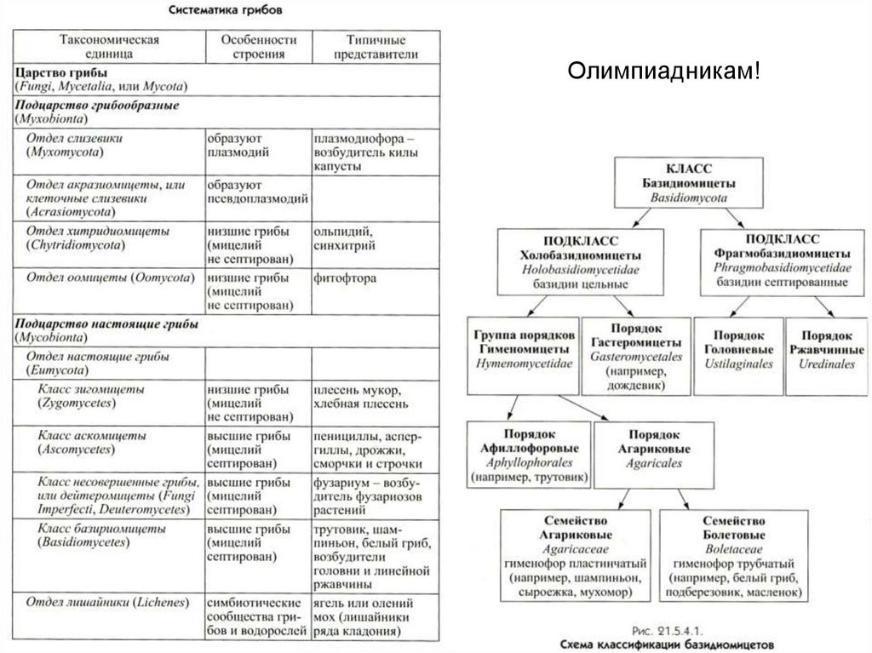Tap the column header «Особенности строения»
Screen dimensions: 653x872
click(x=258, y=47)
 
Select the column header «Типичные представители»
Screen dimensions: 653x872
click(x=376, y=47)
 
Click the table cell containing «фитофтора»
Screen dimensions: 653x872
click(x=346, y=278)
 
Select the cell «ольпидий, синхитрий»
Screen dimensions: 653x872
click(x=346, y=238)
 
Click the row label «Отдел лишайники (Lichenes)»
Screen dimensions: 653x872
click(x=106, y=603)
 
